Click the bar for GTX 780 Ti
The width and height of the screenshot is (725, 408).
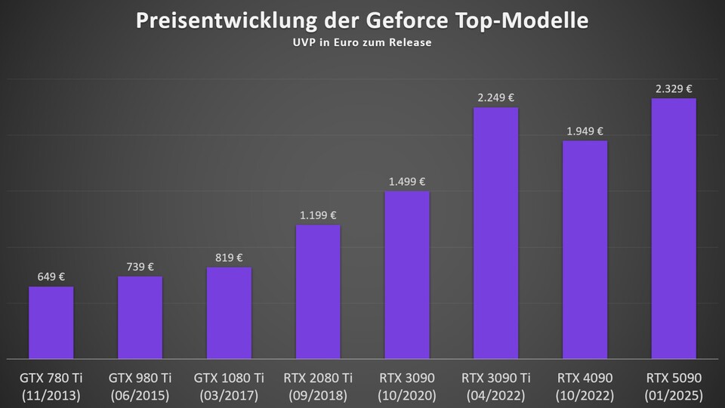pos(51,322)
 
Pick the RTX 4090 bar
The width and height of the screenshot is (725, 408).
pos(585,249)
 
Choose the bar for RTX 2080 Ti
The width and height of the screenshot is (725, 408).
pos(318,292)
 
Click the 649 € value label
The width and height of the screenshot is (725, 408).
pos(51,277)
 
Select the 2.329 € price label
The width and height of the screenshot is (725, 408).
pos(674,88)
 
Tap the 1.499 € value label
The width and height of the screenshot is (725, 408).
pos(407,181)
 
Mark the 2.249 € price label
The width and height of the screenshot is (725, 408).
pos(495,97)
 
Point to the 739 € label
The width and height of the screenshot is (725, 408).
pos(140,267)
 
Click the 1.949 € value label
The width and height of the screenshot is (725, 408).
pos(585,131)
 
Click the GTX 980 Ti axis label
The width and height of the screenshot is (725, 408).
pos(140,377)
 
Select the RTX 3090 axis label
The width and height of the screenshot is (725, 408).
pos(407,377)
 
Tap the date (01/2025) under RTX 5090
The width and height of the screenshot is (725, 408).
pos(674,394)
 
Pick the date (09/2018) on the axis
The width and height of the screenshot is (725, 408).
pos(318,394)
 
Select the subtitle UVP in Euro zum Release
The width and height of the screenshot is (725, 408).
pos(362,43)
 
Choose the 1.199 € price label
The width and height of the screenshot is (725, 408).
pos(318,215)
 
